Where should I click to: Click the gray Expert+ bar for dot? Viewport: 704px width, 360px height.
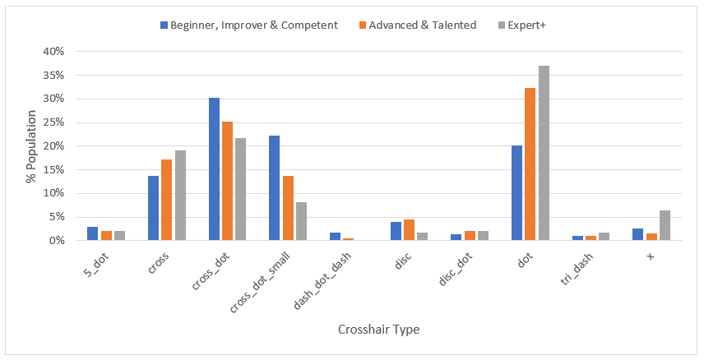544,153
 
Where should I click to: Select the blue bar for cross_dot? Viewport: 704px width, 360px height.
214,169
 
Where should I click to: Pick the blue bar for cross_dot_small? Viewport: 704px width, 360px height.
275,188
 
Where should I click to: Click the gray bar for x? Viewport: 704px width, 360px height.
665,225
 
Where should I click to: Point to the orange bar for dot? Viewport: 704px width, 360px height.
530,164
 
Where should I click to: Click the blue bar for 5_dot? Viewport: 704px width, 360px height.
93,233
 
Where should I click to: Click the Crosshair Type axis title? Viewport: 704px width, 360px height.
378,330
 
